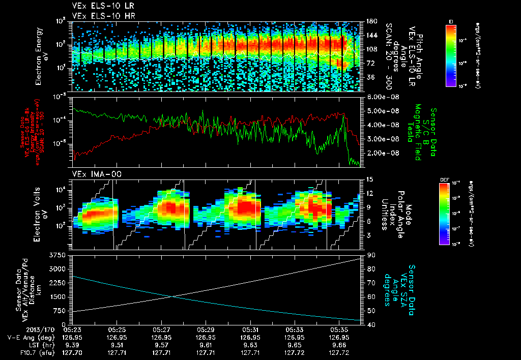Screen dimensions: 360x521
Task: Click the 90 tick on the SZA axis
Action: pos(370,255)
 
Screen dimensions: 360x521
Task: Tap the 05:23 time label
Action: pos(73,329)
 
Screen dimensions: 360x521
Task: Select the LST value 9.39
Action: pos(73,344)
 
